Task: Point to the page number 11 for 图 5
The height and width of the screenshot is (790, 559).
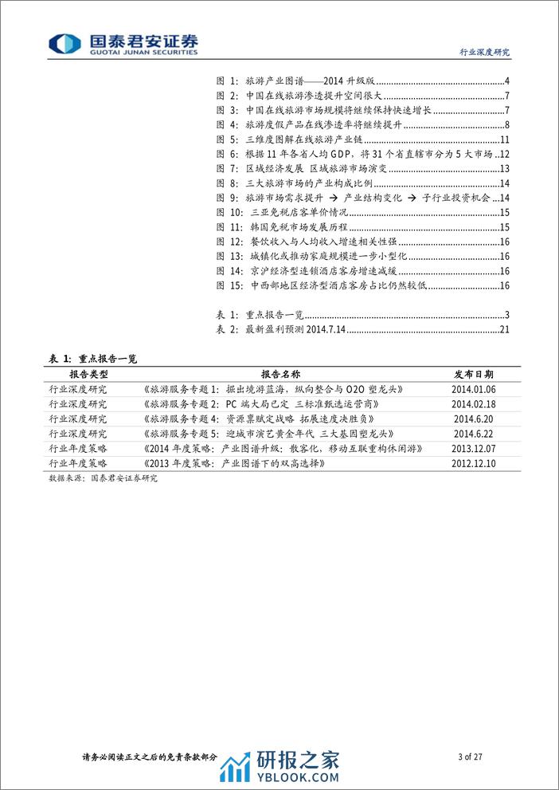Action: point(504,140)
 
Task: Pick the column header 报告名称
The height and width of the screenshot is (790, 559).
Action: point(281,374)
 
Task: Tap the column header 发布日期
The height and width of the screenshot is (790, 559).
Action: point(473,374)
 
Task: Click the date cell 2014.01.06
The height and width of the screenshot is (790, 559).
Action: point(473,389)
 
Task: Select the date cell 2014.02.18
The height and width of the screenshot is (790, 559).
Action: point(473,404)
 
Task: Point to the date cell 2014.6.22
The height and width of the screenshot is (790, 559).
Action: point(473,434)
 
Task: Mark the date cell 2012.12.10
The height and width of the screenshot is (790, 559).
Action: point(473,463)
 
